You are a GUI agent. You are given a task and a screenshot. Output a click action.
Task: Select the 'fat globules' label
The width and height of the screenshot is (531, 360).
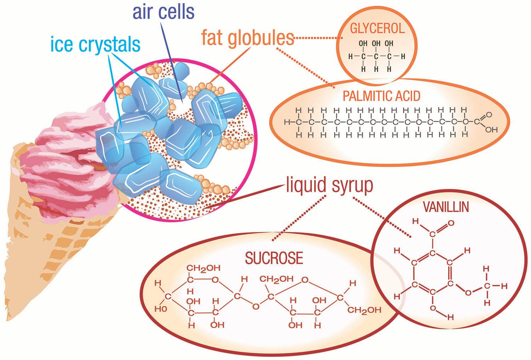(248, 37)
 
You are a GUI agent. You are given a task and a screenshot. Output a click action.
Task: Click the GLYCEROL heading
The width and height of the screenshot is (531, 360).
(377, 28)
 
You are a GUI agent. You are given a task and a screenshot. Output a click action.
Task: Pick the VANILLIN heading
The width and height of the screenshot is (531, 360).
(446, 207)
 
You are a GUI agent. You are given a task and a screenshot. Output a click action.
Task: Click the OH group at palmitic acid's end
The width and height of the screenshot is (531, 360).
(491, 130)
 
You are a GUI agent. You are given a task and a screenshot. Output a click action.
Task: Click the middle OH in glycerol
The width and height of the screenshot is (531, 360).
(376, 44)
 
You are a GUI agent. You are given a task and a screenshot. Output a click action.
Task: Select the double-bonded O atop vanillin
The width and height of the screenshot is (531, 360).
(451, 223)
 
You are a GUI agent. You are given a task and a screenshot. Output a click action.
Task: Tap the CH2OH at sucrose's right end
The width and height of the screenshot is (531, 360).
(364, 310)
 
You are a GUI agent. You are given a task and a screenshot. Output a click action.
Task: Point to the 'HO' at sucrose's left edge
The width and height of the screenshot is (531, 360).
(160, 309)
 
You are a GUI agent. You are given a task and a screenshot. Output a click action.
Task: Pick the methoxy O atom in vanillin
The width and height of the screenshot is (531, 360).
(468, 292)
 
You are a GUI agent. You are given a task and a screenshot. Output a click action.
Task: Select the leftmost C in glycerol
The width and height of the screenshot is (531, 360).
(362, 56)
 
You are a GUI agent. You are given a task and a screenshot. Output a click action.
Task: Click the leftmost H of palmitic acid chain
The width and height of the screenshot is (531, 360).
(287, 122)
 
